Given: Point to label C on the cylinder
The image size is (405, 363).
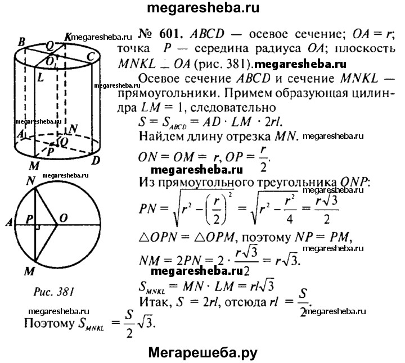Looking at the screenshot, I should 90,56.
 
